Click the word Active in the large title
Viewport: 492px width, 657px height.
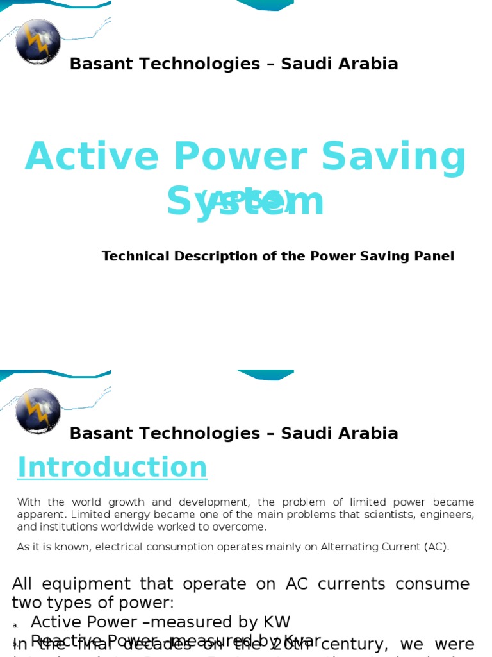click(92, 158)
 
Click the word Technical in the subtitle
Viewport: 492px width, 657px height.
click(134, 257)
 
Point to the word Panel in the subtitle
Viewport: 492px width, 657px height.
click(435, 257)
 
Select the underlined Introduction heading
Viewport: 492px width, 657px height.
click(112, 468)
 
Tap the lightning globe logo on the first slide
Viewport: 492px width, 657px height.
click(38, 42)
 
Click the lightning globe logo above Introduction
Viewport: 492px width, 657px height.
click(38, 411)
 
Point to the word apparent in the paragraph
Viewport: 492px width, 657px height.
click(41, 515)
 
